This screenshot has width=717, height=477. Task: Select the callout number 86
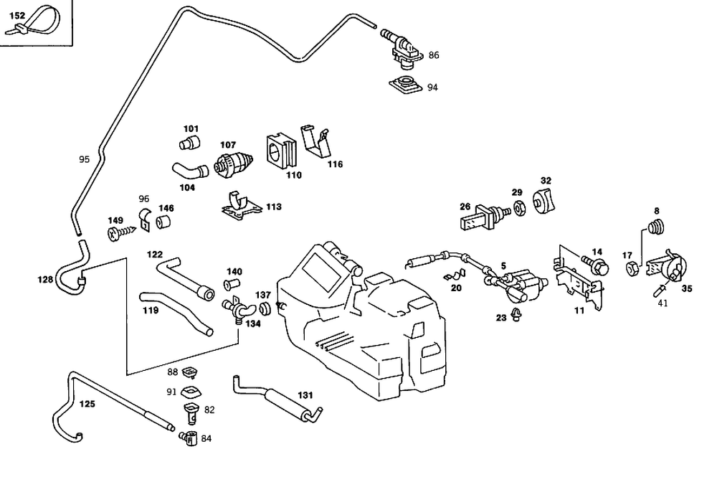point(434,55)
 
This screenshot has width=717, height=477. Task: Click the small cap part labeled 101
point(189,141)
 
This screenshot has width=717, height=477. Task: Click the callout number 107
point(227,144)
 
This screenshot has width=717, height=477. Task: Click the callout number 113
point(273,207)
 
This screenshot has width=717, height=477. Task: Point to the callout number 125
point(87,404)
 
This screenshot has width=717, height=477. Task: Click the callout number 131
point(305,395)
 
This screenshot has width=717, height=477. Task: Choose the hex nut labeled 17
point(632,269)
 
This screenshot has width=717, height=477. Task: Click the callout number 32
point(546,180)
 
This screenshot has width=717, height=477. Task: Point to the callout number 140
point(234,272)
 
